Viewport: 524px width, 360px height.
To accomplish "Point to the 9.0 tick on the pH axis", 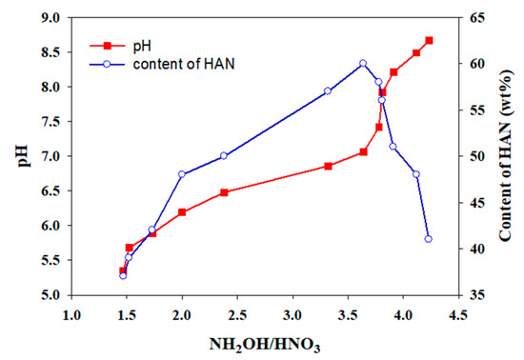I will [52, 17].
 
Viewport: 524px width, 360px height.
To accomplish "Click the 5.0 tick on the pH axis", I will [52, 295].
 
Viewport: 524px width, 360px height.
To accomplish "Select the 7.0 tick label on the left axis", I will [52, 156].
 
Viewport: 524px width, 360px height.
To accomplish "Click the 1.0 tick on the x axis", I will [71, 311].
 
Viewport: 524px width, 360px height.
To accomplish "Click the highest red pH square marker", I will [429, 41].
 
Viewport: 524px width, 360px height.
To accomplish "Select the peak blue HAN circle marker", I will [363, 64].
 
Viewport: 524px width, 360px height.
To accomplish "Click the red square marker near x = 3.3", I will [328, 166].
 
